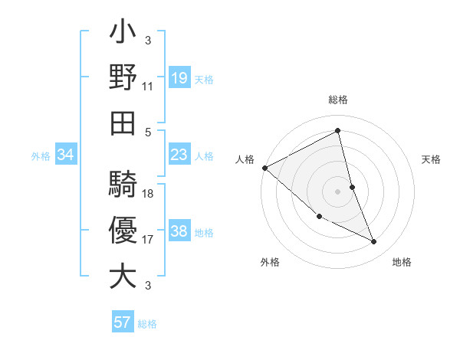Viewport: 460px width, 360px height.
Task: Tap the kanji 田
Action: (x=123, y=123)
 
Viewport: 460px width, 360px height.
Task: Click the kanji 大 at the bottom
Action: (x=123, y=277)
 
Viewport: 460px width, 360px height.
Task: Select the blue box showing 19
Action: (x=179, y=77)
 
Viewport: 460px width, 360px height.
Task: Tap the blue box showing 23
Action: (x=179, y=155)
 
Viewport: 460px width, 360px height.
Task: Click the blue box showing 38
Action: (x=179, y=232)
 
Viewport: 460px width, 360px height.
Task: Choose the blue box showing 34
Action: (x=65, y=155)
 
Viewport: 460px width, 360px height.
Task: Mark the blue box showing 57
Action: (x=123, y=322)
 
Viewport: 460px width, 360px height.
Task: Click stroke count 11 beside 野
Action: (x=148, y=87)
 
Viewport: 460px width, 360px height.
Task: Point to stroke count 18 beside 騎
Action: (x=148, y=194)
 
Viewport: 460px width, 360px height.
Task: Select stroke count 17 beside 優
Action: (x=148, y=240)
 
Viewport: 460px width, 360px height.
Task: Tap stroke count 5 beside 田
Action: (x=148, y=131)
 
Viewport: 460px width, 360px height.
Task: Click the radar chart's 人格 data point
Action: (x=265, y=168)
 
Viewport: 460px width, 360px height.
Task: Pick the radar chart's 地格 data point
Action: (x=373, y=242)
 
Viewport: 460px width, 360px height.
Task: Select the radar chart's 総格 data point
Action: (x=338, y=131)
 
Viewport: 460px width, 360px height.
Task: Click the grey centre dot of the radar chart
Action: (x=338, y=191)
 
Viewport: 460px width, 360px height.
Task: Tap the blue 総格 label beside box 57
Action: (x=147, y=324)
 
